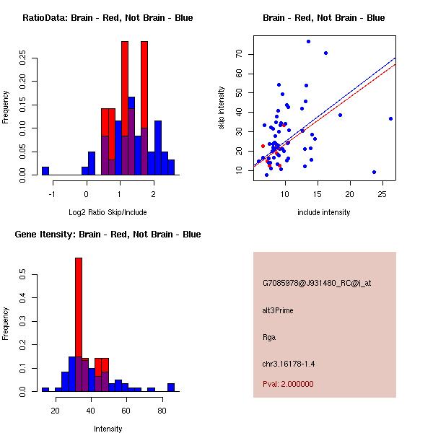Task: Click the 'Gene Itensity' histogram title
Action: click(108, 235)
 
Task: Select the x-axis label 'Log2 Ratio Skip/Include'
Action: click(108, 213)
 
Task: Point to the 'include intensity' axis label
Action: click(324, 212)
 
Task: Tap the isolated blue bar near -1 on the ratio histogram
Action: click(45, 170)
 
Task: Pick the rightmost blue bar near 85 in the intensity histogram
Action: click(171, 387)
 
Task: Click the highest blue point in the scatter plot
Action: click(308, 41)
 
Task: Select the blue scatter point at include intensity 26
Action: click(390, 118)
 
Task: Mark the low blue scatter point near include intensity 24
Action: click(374, 172)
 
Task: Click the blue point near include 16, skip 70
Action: click(325, 53)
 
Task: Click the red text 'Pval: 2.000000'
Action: click(288, 384)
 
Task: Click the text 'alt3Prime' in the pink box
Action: click(278, 310)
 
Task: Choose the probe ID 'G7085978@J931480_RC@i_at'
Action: click(317, 284)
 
